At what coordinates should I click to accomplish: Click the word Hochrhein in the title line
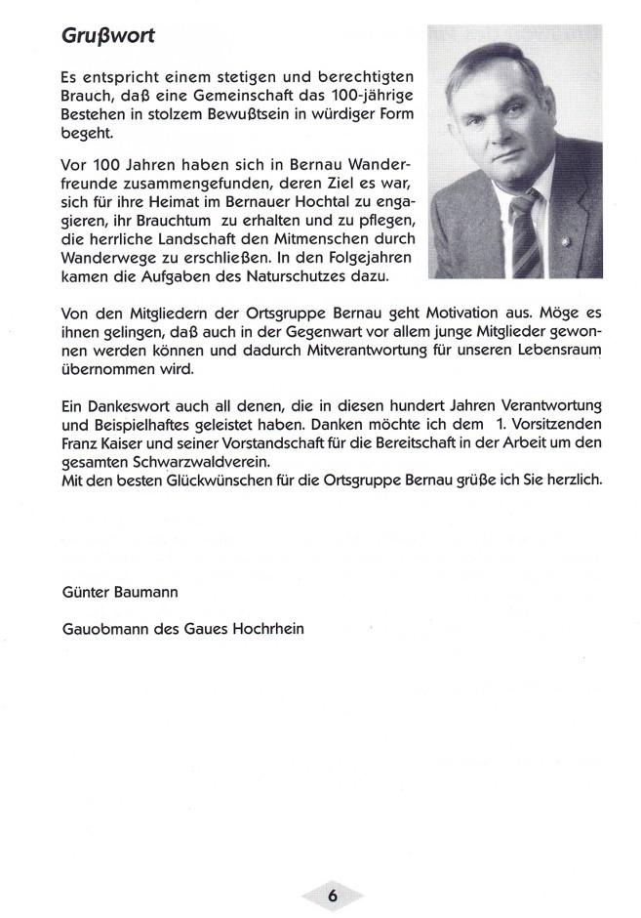tap(268, 629)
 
